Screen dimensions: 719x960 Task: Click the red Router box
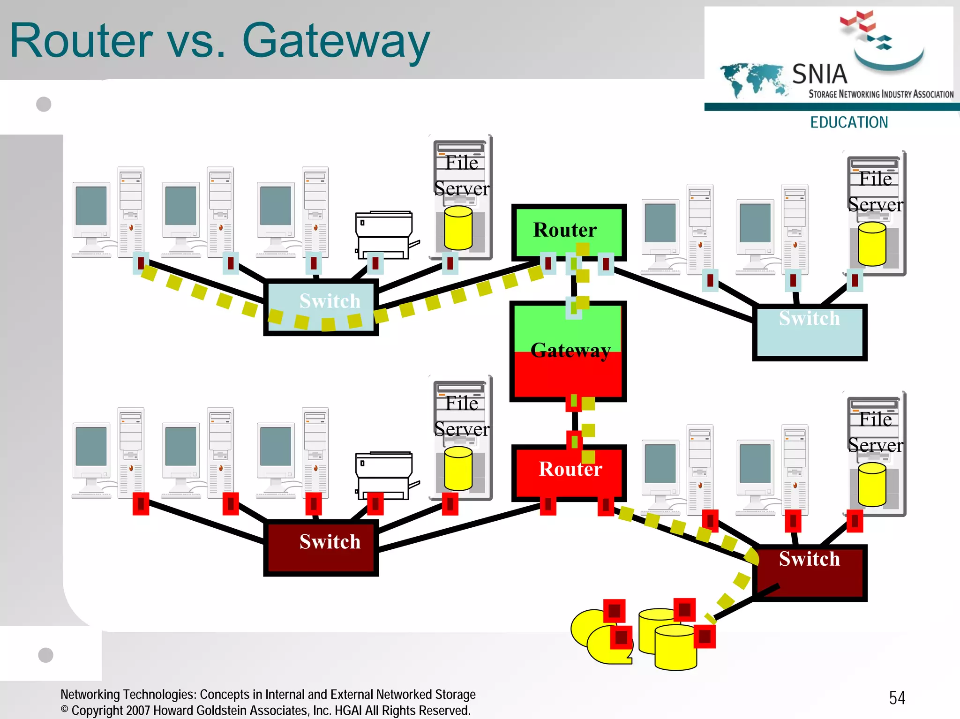pos(569,471)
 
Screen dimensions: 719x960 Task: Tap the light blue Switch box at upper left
pos(321,307)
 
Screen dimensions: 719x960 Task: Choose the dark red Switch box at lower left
pos(321,547)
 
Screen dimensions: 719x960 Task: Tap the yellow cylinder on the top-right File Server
pos(872,244)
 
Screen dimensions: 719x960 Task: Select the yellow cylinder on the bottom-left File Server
pos(458,468)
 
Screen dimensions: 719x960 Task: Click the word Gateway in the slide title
pos(336,41)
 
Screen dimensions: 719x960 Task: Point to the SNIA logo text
pos(819,74)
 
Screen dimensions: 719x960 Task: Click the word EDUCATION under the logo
pos(849,122)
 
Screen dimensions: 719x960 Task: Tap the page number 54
pos(897,697)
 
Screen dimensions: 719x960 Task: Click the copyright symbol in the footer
pos(65,710)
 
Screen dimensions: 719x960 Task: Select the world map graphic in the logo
pos(752,79)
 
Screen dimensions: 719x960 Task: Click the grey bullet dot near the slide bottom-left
pos(45,655)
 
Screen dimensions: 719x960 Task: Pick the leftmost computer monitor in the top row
pos(91,208)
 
